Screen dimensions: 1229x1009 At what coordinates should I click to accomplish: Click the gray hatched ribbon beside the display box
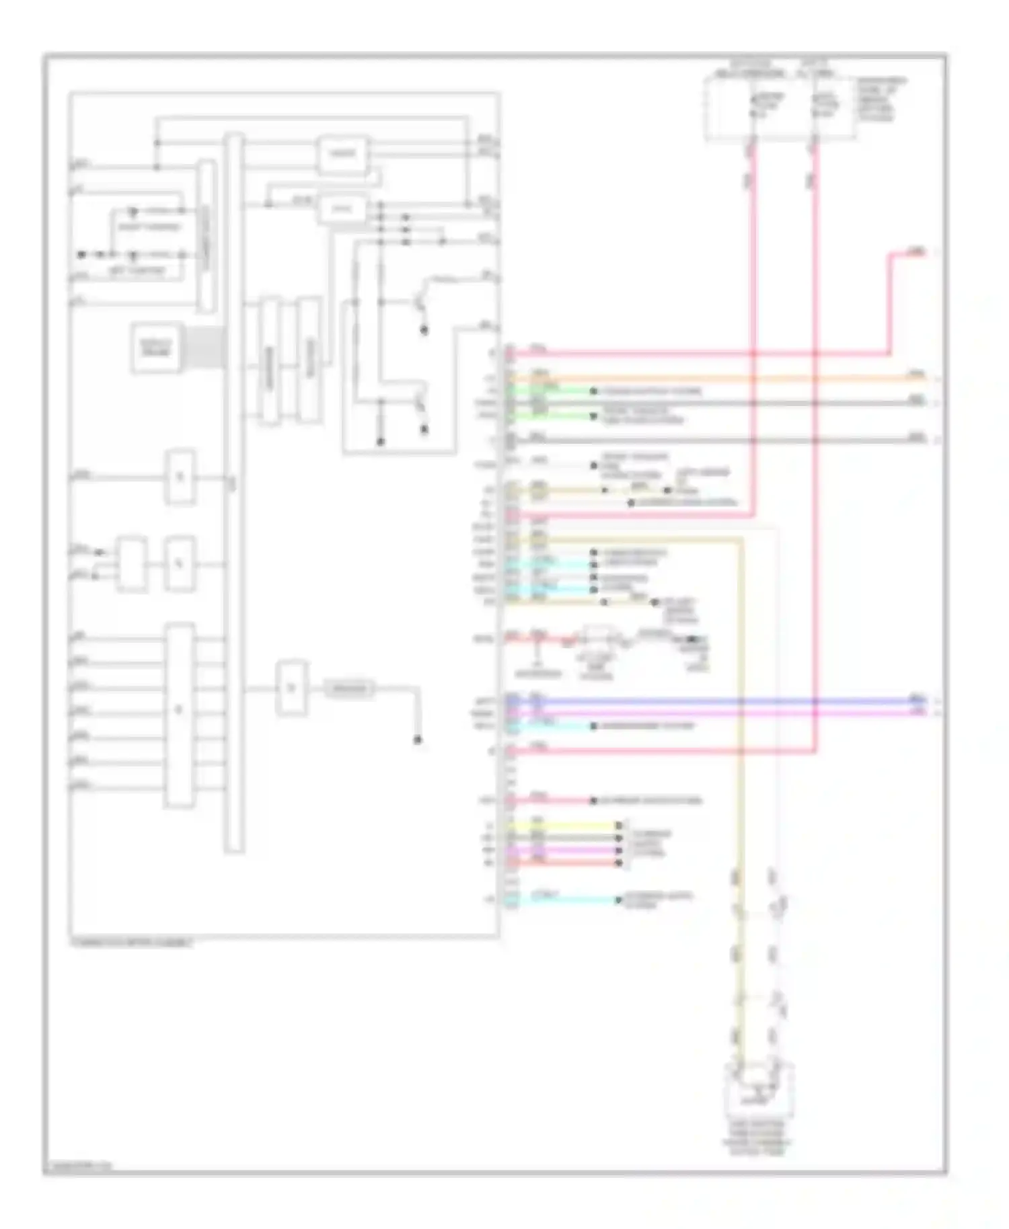tap(204, 348)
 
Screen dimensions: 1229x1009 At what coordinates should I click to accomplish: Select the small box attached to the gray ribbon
tap(156, 348)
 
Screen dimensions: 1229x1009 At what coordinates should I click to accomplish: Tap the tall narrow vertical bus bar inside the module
tap(233, 491)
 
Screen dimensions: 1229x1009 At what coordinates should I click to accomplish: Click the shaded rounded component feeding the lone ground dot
tap(350, 688)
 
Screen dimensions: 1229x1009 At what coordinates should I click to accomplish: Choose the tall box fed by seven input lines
tap(180, 714)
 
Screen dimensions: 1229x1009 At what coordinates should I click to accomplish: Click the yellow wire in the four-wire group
tap(565, 826)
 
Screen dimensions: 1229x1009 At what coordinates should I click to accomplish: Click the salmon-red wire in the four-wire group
tap(565, 863)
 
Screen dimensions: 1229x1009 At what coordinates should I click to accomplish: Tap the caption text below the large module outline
tap(131, 943)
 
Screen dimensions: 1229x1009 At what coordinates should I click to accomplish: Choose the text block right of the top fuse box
tap(882, 100)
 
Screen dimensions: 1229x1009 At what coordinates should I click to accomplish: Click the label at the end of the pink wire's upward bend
tap(915, 252)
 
